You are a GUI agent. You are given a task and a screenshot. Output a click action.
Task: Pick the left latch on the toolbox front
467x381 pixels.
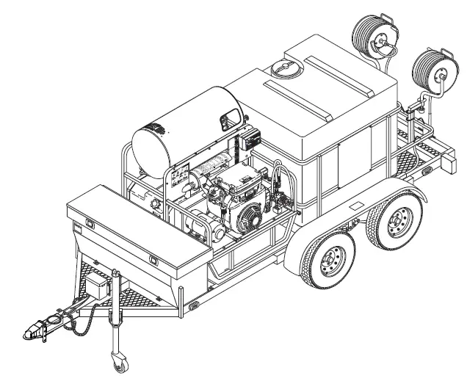[x=87, y=222]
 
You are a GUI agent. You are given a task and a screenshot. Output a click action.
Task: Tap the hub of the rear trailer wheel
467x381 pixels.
[x=399, y=219]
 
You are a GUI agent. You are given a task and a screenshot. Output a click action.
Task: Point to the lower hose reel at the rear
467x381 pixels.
[x=432, y=71]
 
